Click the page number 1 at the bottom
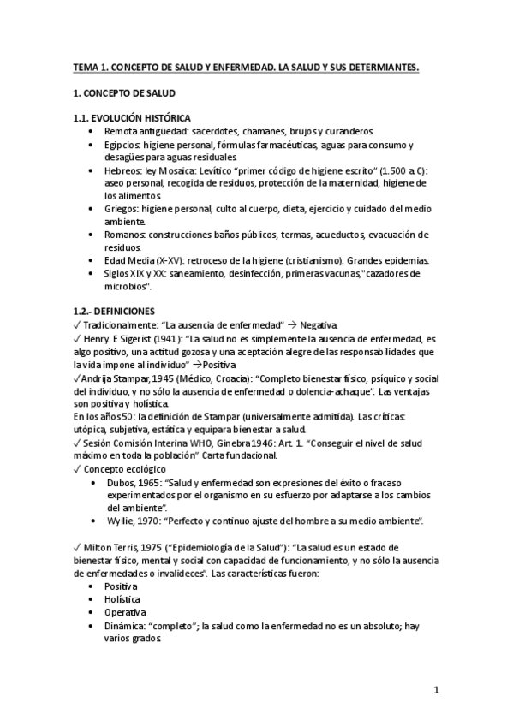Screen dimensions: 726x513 click(437, 691)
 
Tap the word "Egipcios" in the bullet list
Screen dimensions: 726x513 click(122, 145)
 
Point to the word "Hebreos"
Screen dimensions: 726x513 click(122, 171)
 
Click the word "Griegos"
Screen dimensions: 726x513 click(122, 208)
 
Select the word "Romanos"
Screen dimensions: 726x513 click(123, 235)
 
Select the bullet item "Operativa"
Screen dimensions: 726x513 click(125, 612)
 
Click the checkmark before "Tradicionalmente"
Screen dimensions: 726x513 click(78, 325)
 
